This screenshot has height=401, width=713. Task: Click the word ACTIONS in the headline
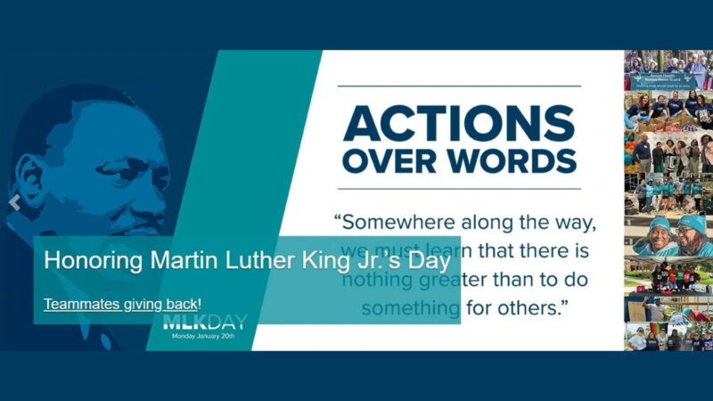tap(459, 123)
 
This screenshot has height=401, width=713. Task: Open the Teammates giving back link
tap(122, 304)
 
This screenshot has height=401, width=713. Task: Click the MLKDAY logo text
tap(204, 323)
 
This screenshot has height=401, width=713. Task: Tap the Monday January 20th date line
tap(204, 337)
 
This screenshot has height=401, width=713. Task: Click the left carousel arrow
tap(13, 203)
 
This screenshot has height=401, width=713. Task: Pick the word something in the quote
tap(409, 308)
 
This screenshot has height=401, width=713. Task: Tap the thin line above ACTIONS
tap(459, 86)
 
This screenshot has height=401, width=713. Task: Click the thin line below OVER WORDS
tap(459, 189)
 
